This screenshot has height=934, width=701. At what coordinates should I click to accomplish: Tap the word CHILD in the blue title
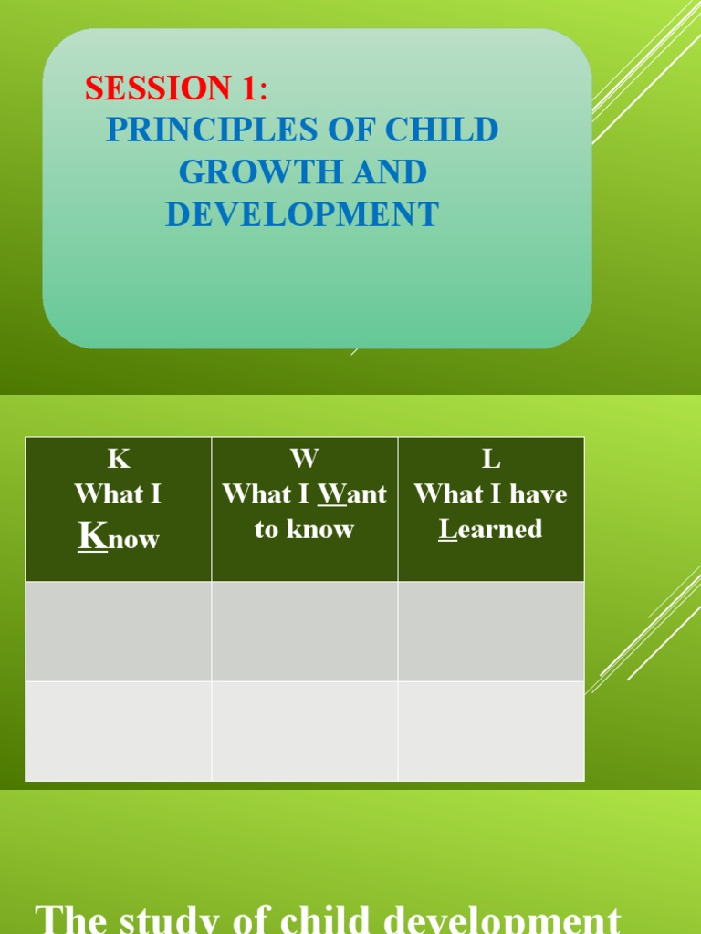click(x=442, y=130)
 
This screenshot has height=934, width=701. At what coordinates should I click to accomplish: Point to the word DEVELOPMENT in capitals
click(x=302, y=214)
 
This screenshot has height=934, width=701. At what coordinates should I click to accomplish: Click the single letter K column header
click(x=119, y=459)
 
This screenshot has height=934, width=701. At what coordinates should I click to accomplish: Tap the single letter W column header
click(x=304, y=459)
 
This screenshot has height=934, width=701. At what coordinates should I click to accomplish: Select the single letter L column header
click(x=491, y=459)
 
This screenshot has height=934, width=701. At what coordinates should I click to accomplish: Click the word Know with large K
click(x=119, y=538)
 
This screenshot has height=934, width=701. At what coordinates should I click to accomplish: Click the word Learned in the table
click(x=491, y=530)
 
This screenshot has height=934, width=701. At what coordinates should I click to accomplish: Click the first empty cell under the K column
click(x=119, y=631)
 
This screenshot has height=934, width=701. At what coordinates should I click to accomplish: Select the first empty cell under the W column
click(x=305, y=631)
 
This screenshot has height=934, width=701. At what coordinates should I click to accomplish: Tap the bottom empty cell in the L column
click(x=491, y=731)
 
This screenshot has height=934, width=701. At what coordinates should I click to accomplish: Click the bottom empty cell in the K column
click(x=119, y=731)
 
